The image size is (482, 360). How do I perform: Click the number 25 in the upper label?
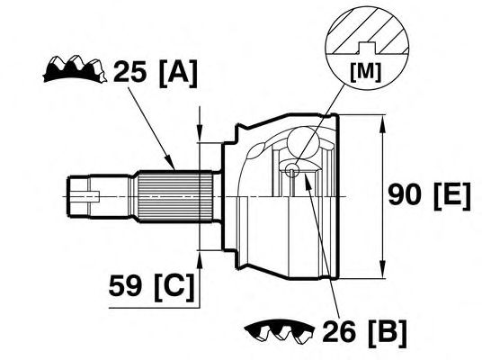(x=129, y=72)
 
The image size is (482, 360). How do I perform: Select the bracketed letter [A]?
(x=178, y=73)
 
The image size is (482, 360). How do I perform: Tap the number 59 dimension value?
(x=125, y=285)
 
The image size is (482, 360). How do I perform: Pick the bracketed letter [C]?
(x=174, y=286)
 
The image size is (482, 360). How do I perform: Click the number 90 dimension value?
(x=405, y=194)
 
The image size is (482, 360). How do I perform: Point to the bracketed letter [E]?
(x=451, y=196)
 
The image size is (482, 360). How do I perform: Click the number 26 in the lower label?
(x=339, y=332)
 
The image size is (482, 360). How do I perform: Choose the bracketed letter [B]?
(x=387, y=333)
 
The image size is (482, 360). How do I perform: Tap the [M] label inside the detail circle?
(x=365, y=72)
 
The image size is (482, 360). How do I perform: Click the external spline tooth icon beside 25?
(x=75, y=69)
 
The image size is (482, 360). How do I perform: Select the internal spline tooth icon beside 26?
(x=280, y=332)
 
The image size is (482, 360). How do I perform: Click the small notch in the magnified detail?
(x=366, y=48)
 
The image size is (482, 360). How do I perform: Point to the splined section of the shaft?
(x=174, y=196)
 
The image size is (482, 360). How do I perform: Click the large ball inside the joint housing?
(x=303, y=142)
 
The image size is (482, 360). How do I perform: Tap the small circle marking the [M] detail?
(x=291, y=169)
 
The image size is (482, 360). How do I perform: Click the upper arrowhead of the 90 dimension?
(x=382, y=123)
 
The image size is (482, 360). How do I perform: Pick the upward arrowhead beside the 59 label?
(x=200, y=260)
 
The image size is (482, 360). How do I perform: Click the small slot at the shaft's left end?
(x=85, y=196)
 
